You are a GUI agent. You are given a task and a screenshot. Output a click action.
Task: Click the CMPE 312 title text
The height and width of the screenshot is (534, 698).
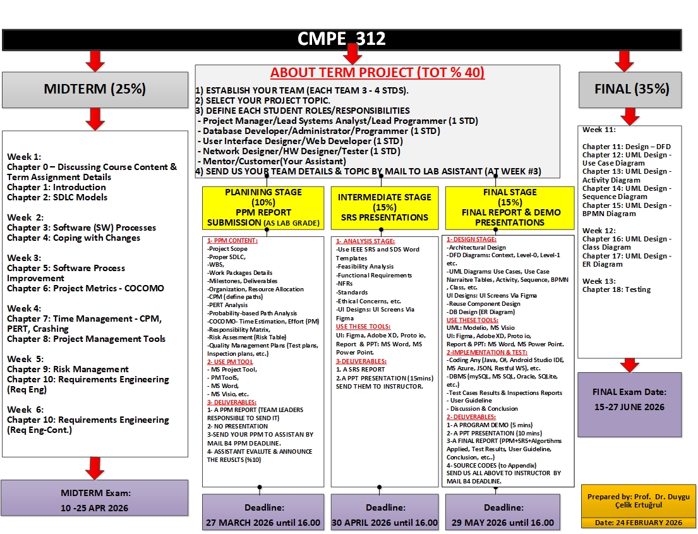click(342, 39)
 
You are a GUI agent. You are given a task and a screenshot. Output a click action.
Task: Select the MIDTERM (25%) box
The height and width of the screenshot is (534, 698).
click(95, 89)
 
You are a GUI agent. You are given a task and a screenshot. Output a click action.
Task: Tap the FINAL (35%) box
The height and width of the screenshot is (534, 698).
click(630, 89)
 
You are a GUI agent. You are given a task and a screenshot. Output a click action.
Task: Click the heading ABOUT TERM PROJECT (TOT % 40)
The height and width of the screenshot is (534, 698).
click(377, 73)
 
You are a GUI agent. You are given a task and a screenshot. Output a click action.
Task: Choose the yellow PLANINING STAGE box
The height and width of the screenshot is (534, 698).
click(263, 207)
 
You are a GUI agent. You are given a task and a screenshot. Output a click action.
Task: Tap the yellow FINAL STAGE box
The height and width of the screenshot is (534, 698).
click(509, 207)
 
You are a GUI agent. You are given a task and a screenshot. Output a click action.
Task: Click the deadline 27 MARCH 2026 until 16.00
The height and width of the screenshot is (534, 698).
click(263, 523)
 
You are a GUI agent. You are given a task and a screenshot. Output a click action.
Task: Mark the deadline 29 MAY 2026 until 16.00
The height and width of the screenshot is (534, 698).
click(503, 523)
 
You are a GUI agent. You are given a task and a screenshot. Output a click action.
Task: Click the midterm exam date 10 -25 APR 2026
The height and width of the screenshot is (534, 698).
click(95, 507)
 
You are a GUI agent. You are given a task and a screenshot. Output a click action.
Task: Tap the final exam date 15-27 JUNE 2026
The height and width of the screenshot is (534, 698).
click(629, 407)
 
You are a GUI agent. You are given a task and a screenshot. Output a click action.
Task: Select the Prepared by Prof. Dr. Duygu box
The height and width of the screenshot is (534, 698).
click(638, 501)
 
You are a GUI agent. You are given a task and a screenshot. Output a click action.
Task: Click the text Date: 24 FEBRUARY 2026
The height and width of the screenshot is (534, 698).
click(638, 523)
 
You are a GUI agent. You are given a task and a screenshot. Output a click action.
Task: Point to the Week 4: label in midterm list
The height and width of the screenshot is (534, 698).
click(24, 308)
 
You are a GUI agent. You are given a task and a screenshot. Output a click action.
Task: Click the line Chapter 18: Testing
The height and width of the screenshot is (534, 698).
click(617, 289)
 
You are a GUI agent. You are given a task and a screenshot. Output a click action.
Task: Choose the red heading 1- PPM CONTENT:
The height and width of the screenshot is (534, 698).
click(232, 241)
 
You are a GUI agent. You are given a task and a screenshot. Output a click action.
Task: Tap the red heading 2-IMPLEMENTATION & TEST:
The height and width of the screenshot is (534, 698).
click(486, 352)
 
